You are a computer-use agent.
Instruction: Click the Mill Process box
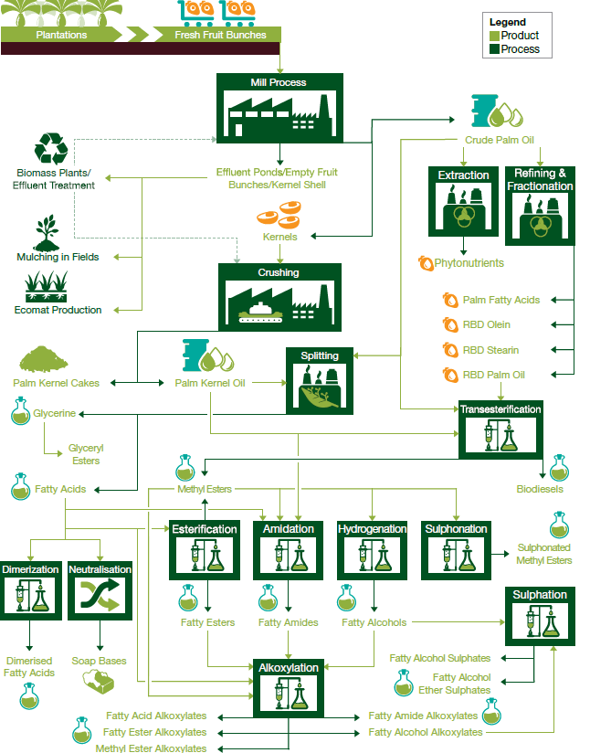pos(279,108)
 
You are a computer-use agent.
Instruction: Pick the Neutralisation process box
pos(100,590)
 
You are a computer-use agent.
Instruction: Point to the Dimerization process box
pos(30,590)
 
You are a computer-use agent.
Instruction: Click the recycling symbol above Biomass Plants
pos(50,150)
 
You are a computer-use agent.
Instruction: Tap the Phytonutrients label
pos(469,263)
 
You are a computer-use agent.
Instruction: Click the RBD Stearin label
pos(490,350)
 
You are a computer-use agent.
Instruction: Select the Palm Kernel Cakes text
pos(57,383)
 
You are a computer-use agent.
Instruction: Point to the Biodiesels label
pos(540,489)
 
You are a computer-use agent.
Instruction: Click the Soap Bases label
pos(100,661)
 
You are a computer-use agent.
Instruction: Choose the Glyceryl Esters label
pos(86,454)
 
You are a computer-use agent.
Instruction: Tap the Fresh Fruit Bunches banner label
pos(220,35)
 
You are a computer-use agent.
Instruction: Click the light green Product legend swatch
pos(494,36)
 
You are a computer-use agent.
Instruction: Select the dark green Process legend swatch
pos(494,48)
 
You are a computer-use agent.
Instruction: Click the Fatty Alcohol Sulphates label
pos(440,658)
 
